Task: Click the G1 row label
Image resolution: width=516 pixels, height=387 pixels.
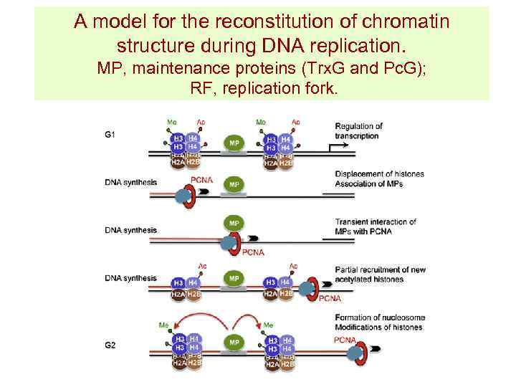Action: (110, 134)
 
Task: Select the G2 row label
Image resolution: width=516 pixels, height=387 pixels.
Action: (110, 345)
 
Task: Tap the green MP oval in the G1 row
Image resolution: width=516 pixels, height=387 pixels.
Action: (234, 143)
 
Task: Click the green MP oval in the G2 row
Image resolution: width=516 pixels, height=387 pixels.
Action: (234, 343)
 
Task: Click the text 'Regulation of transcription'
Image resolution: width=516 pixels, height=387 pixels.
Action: (358, 131)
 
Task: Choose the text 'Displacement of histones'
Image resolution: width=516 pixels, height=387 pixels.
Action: (379, 174)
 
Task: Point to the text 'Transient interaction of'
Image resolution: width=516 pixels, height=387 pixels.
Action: (375, 221)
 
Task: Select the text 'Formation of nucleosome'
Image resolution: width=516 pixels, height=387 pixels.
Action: (379, 317)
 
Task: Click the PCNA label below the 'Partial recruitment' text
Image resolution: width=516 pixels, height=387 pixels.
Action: (329, 298)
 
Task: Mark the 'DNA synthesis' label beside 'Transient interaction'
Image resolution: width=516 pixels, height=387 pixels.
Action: (130, 230)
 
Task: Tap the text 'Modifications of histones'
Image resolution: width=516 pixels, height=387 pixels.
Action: (378, 328)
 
